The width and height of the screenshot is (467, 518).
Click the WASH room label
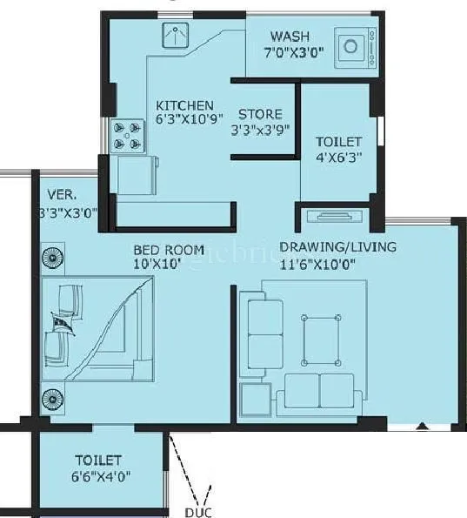pos(290,36)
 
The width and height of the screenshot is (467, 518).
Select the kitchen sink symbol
pos(177,36)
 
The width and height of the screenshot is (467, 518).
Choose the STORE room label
pos(259,114)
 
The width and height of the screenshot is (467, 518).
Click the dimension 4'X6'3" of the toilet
pos(338,157)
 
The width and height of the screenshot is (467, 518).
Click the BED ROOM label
pos(163,246)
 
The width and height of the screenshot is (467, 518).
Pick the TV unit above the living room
pos(334,218)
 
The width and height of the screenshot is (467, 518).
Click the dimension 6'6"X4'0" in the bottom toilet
pos(98,475)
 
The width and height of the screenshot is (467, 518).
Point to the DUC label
pos(198,512)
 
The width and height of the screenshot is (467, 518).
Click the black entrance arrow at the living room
pos(422,426)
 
